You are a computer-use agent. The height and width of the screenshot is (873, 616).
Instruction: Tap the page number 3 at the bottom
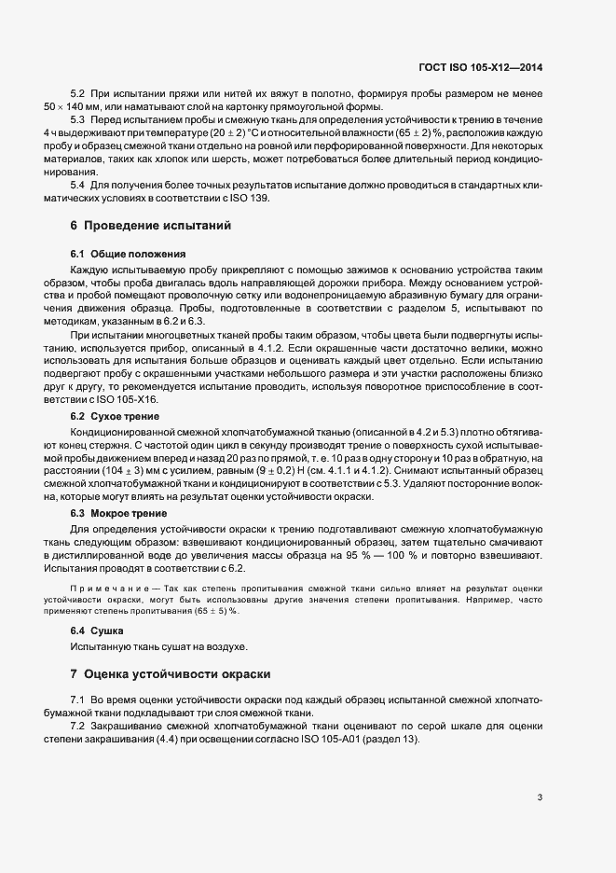pyautogui.click(x=540, y=797)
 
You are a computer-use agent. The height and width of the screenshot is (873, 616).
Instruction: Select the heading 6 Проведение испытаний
pyautogui.click(x=149, y=226)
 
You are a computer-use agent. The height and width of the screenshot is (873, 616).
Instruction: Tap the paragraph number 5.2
pyautogui.click(x=78, y=93)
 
